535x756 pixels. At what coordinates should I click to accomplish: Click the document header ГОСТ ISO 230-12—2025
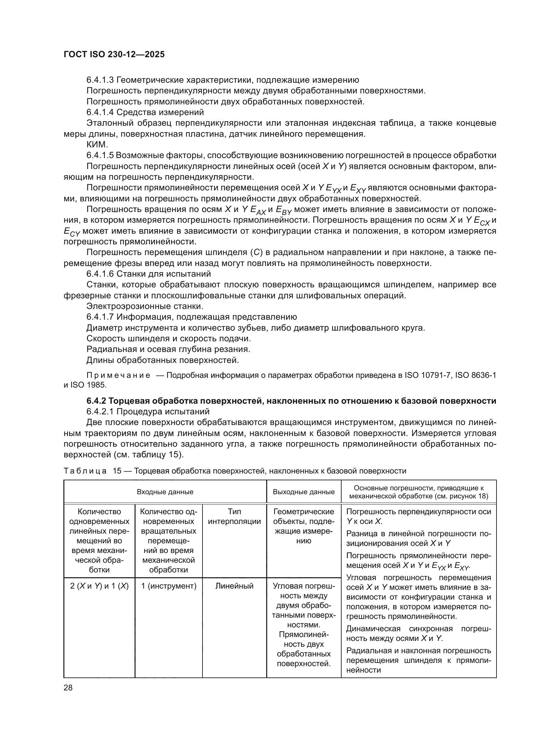click(x=114, y=55)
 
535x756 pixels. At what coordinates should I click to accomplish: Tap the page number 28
click(x=68, y=687)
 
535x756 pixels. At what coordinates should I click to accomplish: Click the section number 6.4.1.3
click(x=100, y=80)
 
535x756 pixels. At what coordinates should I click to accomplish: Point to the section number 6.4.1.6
click(x=100, y=274)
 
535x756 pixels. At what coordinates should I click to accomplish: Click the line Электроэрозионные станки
click(x=145, y=306)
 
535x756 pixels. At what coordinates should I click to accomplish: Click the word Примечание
click(x=118, y=375)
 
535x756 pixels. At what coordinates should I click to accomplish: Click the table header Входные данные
click(x=165, y=492)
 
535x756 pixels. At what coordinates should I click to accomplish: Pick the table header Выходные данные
click(x=303, y=492)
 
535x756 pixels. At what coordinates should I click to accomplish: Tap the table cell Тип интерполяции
click(x=234, y=516)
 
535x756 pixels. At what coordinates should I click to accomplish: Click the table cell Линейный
click(x=234, y=586)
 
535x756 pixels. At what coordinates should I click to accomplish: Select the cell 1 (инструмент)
click(x=169, y=586)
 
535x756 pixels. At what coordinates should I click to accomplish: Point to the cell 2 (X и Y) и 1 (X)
click(x=99, y=586)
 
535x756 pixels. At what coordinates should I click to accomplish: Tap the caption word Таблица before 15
click(x=85, y=471)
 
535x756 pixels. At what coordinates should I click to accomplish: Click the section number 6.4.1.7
click(x=100, y=317)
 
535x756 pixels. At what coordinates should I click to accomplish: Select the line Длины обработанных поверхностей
click(x=162, y=360)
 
